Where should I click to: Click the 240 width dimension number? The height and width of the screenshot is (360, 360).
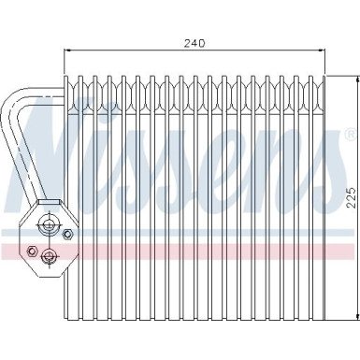click(194, 44)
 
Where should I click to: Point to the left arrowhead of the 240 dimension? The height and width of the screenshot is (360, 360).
click(67, 53)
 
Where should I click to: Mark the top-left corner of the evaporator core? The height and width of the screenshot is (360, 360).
click(65, 76)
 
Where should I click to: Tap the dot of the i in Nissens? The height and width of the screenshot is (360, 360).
click(106, 110)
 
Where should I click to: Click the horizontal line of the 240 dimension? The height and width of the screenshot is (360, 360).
click(140, 53)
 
